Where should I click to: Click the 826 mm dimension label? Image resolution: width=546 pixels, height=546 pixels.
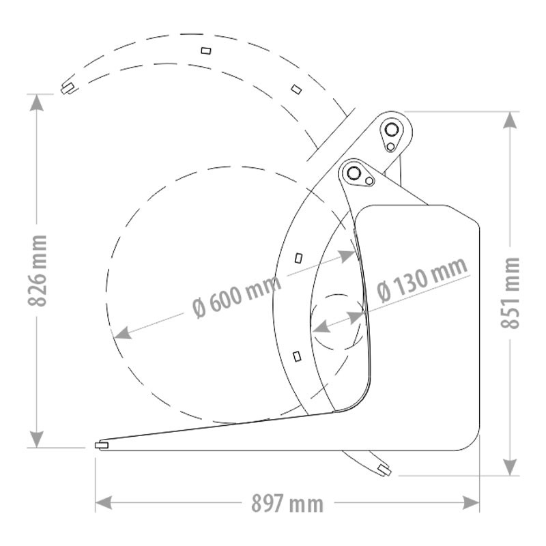click(x=37, y=270)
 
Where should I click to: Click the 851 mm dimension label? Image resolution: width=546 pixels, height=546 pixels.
click(x=510, y=293)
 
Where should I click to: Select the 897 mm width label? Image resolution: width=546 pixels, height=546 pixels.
click(x=287, y=504)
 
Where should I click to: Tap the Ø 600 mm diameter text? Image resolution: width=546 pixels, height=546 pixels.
click(x=237, y=297)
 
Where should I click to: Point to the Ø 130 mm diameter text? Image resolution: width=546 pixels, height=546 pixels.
click(x=422, y=279)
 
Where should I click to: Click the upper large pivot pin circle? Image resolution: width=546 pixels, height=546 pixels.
click(x=392, y=130)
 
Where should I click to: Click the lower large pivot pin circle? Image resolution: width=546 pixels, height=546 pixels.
click(x=354, y=173)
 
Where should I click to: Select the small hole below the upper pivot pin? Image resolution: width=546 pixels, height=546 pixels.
click(x=390, y=147)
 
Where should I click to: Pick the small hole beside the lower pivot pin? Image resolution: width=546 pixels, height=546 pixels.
click(x=369, y=181)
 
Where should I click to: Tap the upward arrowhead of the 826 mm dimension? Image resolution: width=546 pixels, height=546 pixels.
click(x=37, y=103)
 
